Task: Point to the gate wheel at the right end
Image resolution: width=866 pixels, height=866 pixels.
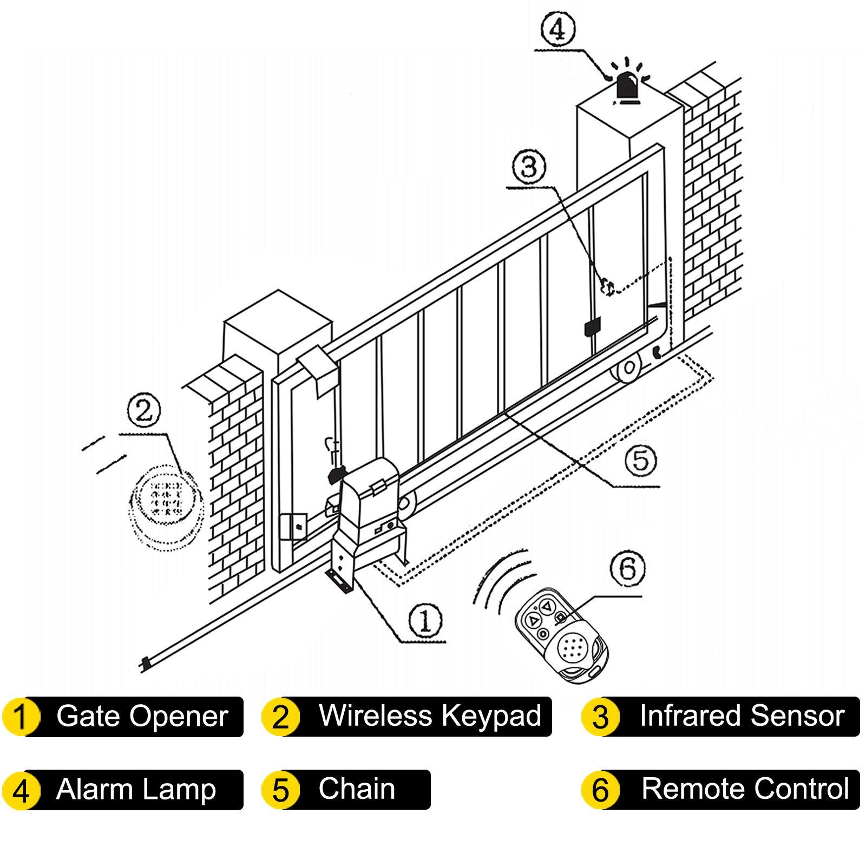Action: click(x=628, y=369)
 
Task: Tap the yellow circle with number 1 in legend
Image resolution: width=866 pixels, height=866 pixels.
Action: click(x=20, y=717)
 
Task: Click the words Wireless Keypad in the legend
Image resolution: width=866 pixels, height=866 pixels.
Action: click(x=430, y=716)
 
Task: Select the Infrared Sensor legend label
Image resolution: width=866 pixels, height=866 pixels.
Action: click(x=742, y=716)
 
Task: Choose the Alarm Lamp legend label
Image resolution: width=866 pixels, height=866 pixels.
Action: click(x=136, y=789)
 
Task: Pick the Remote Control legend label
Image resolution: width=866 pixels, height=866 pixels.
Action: click(x=745, y=789)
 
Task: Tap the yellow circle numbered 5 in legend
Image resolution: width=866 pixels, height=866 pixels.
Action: click(x=280, y=790)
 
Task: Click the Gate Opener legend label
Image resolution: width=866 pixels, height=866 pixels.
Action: click(x=142, y=716)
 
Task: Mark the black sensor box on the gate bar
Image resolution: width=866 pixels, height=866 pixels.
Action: click(x=593, y=327)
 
